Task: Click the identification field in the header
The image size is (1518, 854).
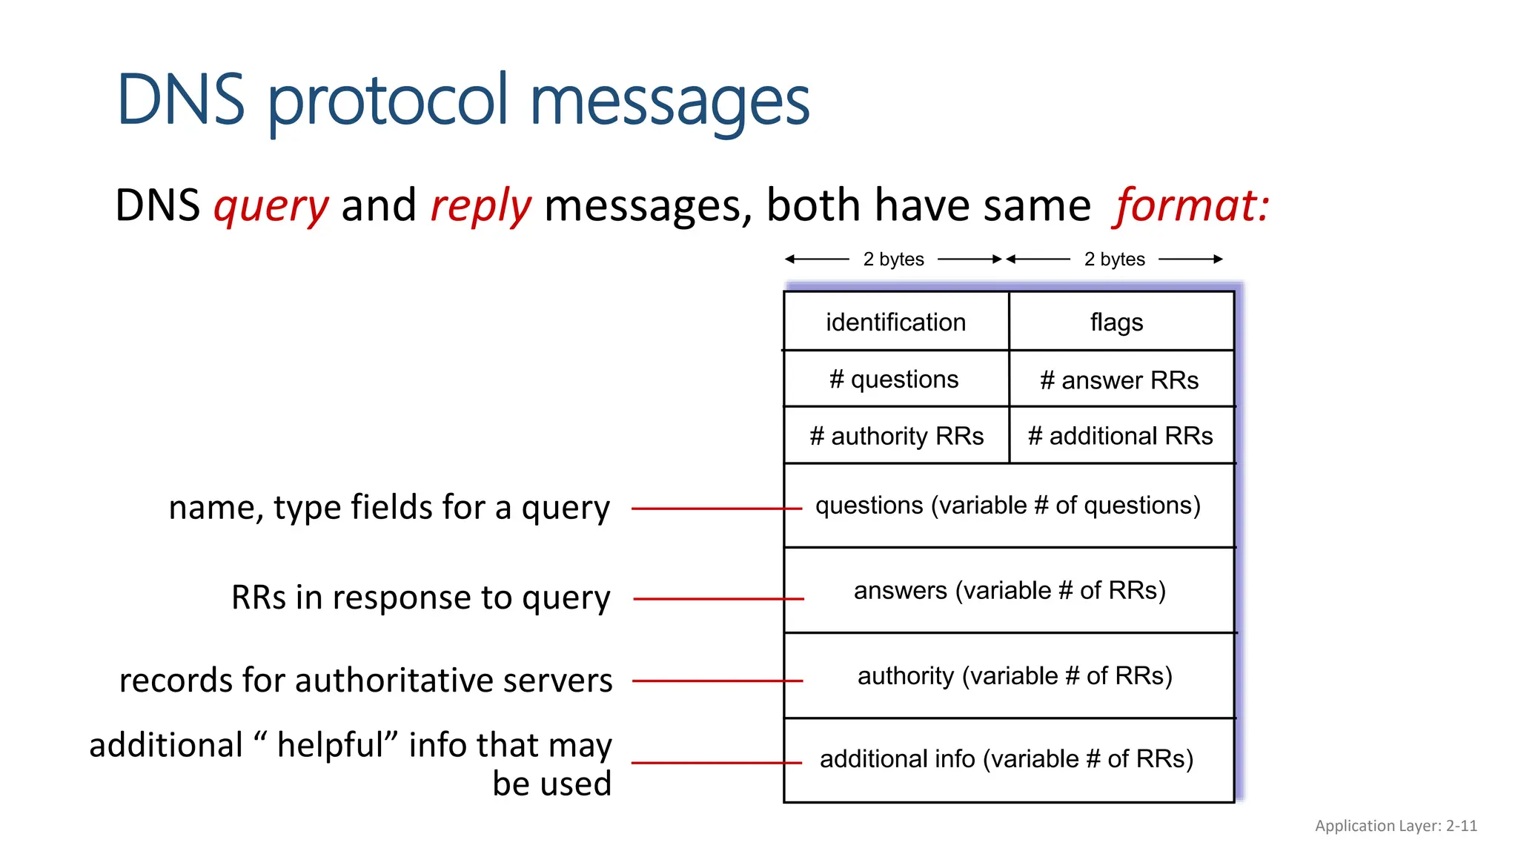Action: click(x=895, y=322)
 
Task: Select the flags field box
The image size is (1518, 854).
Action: click(x=1116, y=322)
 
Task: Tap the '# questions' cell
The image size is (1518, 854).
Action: click(x=894, y=379)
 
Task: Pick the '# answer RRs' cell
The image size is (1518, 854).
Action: click(x=1119, y=380)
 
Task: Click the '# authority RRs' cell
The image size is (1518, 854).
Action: click(x=896, y=436)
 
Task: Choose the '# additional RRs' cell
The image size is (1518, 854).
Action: click(x=1120, y=436)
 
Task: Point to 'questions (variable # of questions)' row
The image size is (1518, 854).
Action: click(x=1008, y=506)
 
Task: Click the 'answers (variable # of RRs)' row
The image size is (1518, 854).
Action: click(x=1010, y=590)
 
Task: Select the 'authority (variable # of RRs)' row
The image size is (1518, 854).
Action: click(x=1014, y=675)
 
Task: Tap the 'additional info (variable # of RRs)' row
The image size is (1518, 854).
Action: click(x=1007, y=759)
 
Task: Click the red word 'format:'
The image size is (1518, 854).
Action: click(x=1191, y=205)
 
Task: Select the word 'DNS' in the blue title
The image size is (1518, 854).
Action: click(x=180, y=99)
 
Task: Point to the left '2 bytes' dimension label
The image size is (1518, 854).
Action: click(x=893, y=259)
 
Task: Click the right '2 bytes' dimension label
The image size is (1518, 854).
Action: click(x=1114, y=259)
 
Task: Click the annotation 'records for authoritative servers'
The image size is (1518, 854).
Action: click(x=365, y=680)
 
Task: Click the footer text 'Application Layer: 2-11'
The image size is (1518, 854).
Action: click(x=1396, y=826)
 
